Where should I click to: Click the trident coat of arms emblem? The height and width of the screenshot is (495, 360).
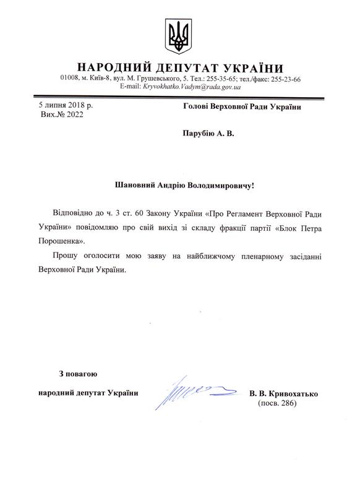click(179, 36)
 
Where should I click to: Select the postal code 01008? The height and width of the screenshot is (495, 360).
click(70, 79)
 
